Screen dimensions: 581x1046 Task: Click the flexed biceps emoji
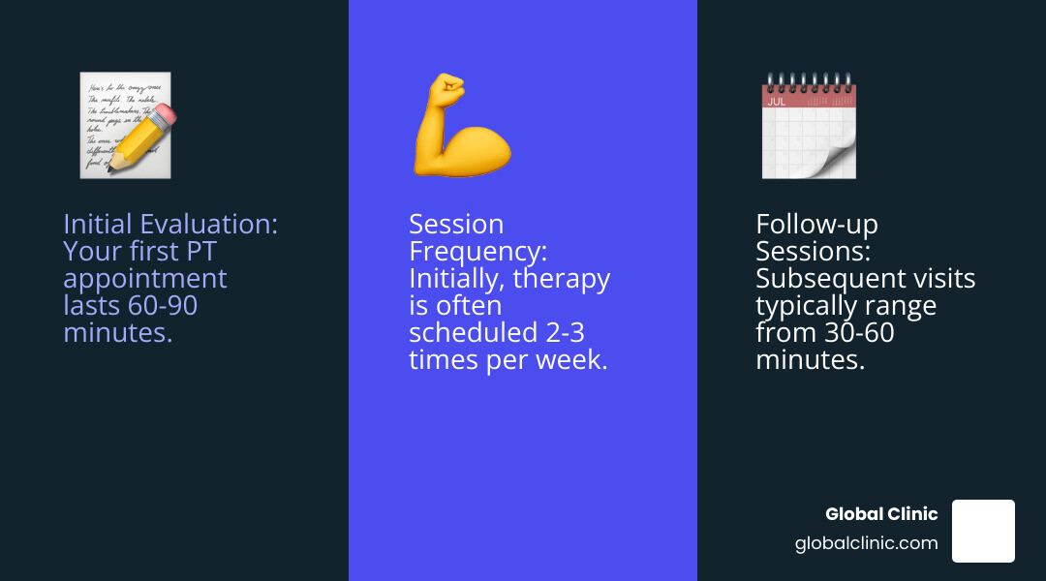(x=461, y=126)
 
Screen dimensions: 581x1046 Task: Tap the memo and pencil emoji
(x=126, y=126)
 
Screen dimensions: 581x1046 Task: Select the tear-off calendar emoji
(x=809, y=126)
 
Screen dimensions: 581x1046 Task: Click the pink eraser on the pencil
(x=166, y=116)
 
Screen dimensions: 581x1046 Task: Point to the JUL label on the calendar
(x=777, y=101)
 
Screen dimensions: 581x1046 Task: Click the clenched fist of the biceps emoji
(x=447, y=91)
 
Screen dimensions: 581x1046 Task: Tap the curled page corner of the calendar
(x=839, y=160)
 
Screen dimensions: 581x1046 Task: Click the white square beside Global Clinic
(x=983, y=531)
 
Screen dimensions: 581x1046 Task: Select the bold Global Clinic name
(x=881, y=514)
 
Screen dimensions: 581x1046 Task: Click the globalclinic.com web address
(x=866, y=543)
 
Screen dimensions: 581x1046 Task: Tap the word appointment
(x=144, y=279)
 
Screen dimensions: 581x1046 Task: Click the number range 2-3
(x=568, y=333)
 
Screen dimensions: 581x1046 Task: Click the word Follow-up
(x=816, y=225)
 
